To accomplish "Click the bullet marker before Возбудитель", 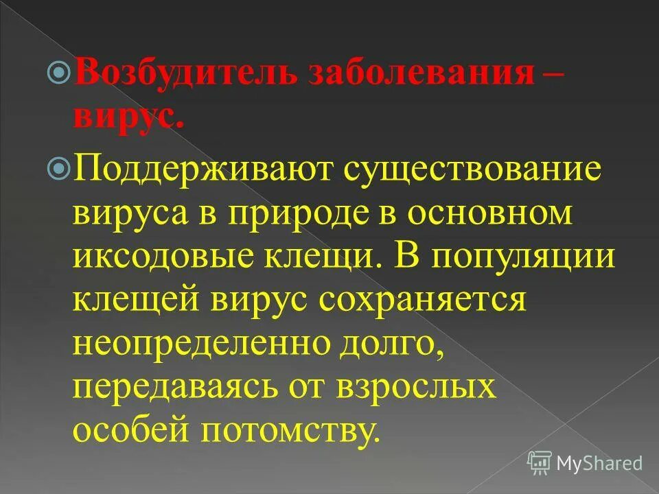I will click(x=60, y=71).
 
